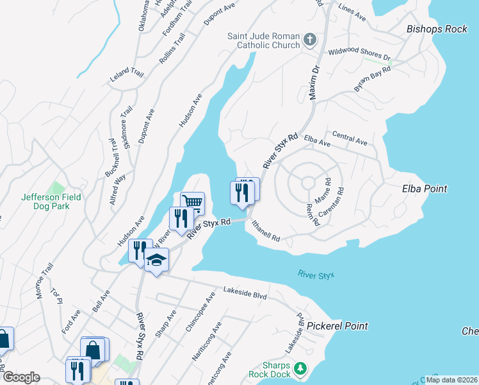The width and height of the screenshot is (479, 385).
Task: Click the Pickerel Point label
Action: coord(337,326)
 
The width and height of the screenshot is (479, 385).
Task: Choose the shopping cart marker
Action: coord(193,203)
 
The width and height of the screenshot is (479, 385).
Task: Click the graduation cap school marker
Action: coord(156,260)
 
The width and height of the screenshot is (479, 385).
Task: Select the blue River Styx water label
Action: coord(316,275)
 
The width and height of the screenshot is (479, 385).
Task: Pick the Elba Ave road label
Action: coord(317,141)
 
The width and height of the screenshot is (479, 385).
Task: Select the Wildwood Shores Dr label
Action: coord(359,55)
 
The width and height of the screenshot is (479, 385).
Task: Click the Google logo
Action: coord(20,377)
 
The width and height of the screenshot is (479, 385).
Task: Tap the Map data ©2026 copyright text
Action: coord(451,380)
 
